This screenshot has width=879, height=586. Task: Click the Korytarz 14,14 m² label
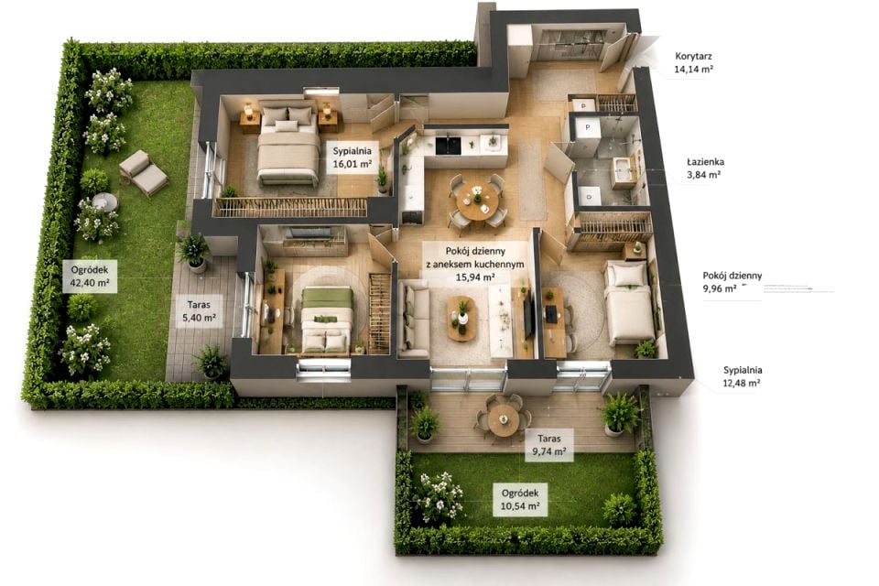tap(693, 63)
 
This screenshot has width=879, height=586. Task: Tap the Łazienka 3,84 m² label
tap(705, 168)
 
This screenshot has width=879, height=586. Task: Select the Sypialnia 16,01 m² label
tap(352, 157)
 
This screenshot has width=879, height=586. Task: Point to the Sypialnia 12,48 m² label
tap(743, 377)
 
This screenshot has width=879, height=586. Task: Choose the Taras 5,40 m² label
tap(199, 311)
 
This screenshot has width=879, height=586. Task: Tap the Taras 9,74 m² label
tap(548, 445)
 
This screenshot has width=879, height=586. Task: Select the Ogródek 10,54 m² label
tap(520, 500)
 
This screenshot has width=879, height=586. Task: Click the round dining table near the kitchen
tap(477, 201)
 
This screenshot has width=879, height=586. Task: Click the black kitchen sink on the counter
tap(449, 144)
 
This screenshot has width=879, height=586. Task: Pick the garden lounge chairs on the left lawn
tap(144, 173)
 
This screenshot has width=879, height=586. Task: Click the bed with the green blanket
tap(327, 320)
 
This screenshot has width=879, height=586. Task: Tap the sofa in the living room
tap(414, 319)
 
